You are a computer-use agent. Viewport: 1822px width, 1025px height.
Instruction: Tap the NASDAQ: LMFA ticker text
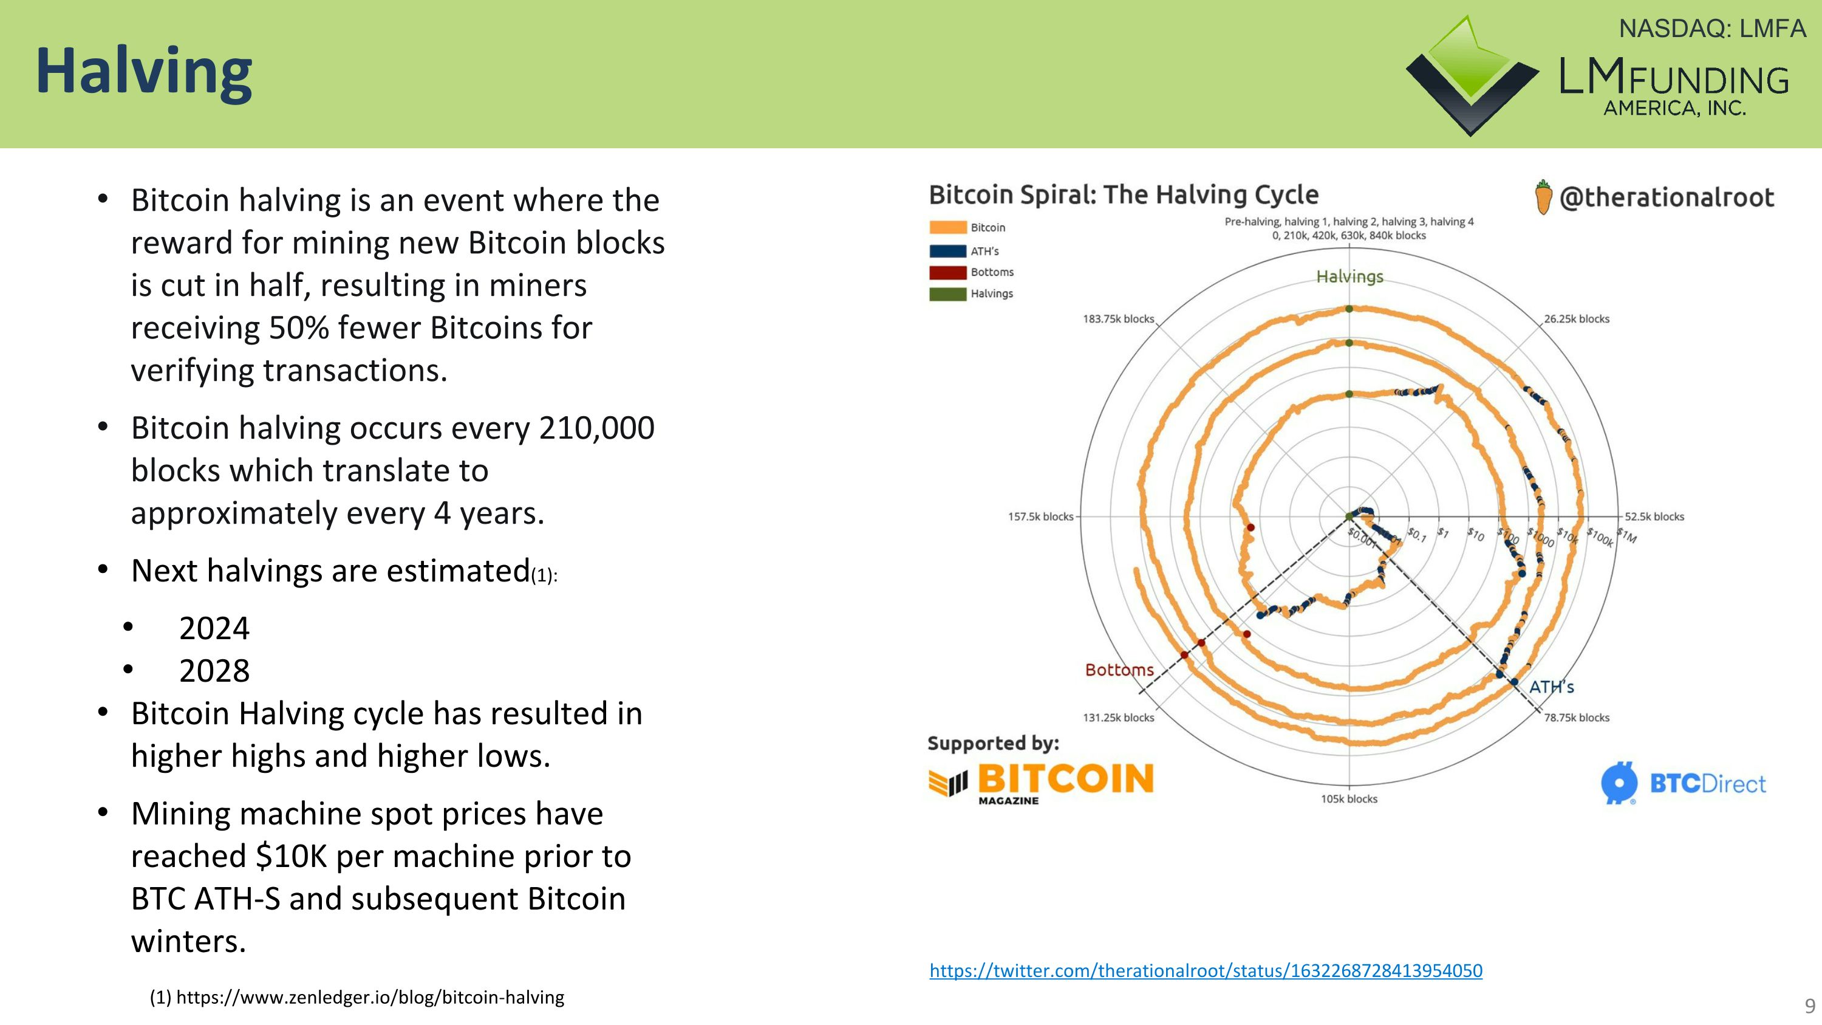coord(1711,29)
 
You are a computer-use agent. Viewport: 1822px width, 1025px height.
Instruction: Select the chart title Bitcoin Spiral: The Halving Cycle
coord(1123,194)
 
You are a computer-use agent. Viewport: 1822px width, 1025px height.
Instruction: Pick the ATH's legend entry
coord(984,251)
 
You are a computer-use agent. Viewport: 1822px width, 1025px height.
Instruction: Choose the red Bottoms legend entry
coord(991,272)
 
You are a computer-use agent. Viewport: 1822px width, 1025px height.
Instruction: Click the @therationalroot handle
coord(1666,197)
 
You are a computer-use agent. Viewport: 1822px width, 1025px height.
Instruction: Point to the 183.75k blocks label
coord(1117,319)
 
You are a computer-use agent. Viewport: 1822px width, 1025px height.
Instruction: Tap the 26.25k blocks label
coord(1576,319)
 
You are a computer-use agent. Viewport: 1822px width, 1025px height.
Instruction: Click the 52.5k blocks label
coord(1654,517)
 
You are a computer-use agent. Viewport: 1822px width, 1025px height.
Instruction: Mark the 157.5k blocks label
coord(1040,517)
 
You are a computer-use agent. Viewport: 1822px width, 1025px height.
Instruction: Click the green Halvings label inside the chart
coord(1349,276)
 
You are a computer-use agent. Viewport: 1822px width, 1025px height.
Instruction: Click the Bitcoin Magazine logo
coord(1041,781)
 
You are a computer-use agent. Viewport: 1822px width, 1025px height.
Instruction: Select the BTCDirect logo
coord(1684,784)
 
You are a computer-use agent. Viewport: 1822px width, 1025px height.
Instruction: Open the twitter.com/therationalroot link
coord(1205,970)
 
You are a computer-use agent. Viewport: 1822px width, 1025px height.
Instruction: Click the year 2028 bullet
coord(214,671)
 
